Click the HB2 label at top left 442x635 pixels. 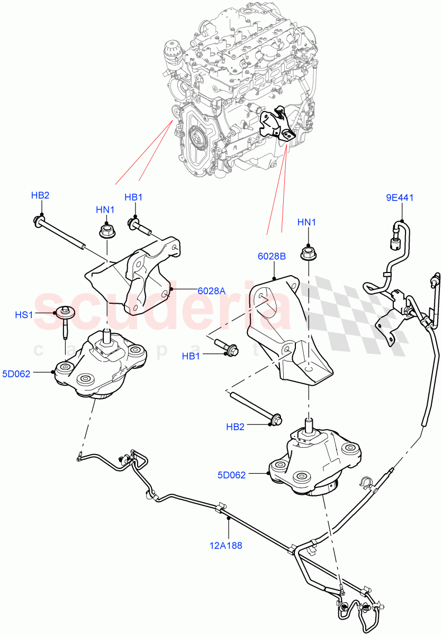[40, 195]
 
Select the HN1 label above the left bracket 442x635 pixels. [105, 210]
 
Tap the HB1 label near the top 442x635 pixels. [133, 197]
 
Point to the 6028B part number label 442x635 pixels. [272, 256]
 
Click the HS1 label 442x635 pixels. [24, 315]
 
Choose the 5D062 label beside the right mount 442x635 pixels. [232, 475]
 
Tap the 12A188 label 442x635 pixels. [228, 546]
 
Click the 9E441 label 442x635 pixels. [400, 198]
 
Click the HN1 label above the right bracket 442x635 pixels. [307, 223]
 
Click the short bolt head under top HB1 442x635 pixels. [133, 225]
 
